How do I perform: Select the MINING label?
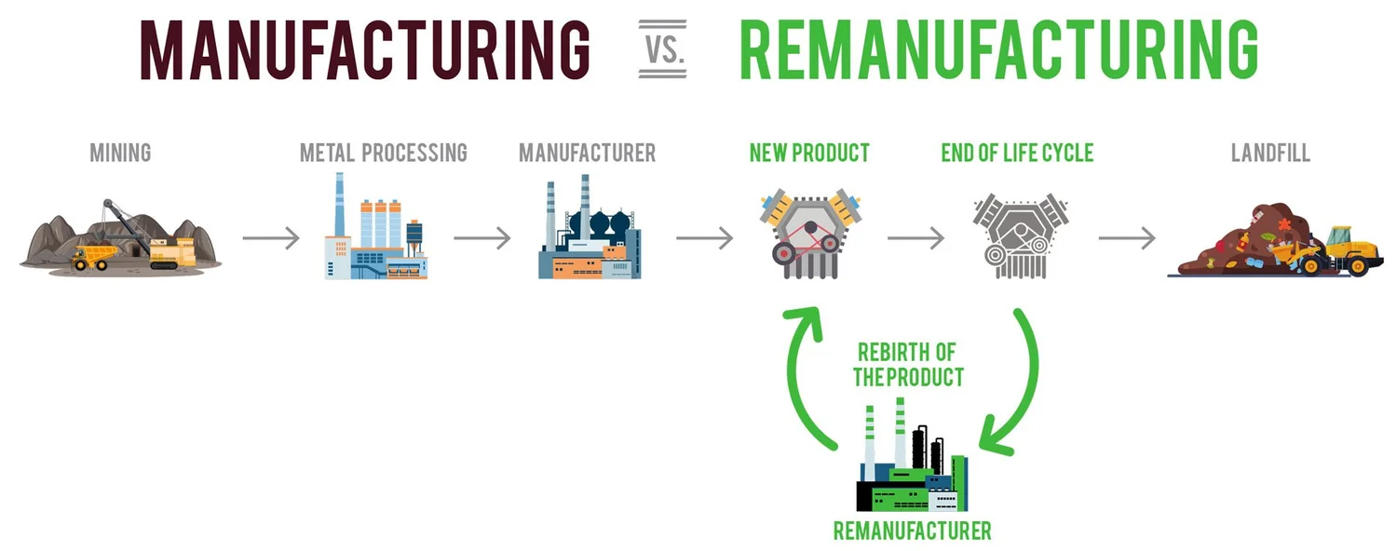[x=120, y=153]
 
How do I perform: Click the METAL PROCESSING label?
[x=383, y=153]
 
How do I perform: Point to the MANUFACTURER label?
[x=587, y=153]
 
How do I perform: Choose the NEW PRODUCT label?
[x=809, y=153]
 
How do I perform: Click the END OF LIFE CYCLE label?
[x=1017, y=153]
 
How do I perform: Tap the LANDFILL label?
[x=1270, y=153]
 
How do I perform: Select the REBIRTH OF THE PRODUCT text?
[x=908, y=365]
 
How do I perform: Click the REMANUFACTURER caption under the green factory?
[x=912, y=531]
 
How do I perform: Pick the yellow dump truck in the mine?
[x=93, y=257]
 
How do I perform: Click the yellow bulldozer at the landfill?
[x=1341, y=252]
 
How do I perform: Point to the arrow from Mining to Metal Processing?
[x=271, y=238]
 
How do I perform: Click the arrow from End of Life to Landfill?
[x=1127, y=238]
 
